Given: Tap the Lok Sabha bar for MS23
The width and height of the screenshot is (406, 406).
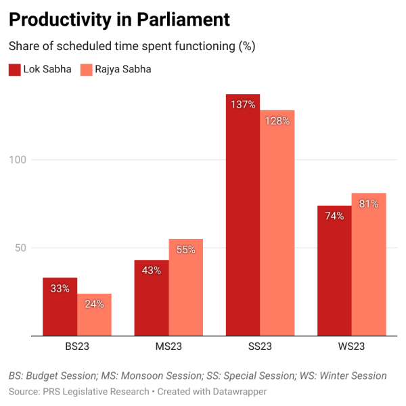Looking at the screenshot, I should point(152,298).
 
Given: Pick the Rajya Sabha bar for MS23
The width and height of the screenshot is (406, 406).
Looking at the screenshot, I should point(185,288).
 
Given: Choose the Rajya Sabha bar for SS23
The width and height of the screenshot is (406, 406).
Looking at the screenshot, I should point(277,223).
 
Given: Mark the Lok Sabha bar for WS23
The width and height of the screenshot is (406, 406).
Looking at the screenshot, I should point(335,271).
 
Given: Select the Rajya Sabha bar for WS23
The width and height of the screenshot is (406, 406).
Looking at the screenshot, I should point(369,265).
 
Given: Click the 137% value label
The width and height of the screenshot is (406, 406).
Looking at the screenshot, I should point(243,105).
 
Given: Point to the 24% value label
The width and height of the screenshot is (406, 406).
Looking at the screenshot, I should point(94,304).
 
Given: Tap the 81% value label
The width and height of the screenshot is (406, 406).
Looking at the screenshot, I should point(369,204).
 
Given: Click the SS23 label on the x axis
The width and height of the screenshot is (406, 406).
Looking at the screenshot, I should point(260,348).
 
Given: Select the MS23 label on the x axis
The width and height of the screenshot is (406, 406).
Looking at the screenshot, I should point(168,348).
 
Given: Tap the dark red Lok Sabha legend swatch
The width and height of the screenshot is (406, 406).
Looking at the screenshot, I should point(14,69).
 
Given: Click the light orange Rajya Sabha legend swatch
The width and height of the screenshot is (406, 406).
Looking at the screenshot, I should point(86,69).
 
